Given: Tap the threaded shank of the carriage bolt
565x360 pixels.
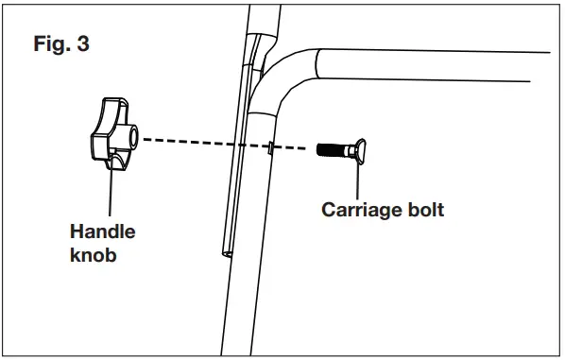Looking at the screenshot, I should pyautogui.click(x=334, y=149).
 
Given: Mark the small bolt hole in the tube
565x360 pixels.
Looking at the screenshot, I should pyautogui.click(x=270, y=147).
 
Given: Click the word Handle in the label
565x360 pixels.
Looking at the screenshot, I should pyautogui.click(x=103, y=231).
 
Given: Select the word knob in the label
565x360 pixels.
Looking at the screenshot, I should pyautogui.click(x=94, y=256).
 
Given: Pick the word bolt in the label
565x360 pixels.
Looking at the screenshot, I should pyautogui.click(x=422, y=209).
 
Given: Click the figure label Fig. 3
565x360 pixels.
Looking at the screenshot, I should pyautogui.click(x=60, y=44).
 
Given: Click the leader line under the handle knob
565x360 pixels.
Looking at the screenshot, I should pyautogui.click(x=111, y=194).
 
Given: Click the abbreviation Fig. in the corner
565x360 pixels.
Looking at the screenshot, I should pyautogui.click(x=51, y=44).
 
